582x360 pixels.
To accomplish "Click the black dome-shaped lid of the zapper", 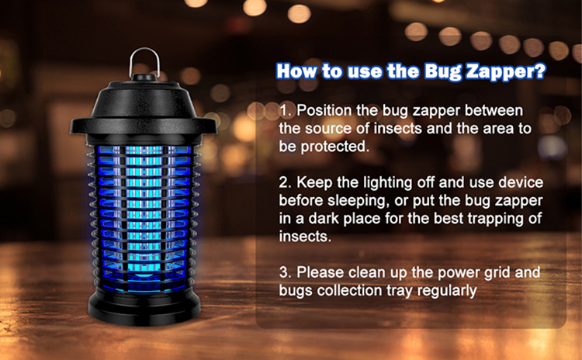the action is point(144,108).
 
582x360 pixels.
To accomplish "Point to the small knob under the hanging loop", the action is point(144,77).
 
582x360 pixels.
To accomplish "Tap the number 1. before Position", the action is point(286,110).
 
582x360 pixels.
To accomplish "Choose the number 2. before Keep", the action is point(286,182).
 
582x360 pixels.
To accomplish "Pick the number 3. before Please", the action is point(286,272).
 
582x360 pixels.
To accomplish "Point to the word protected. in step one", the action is point(335,147).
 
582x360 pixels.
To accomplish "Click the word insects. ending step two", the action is point(305,236).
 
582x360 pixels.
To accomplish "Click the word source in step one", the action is point(327,129).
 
